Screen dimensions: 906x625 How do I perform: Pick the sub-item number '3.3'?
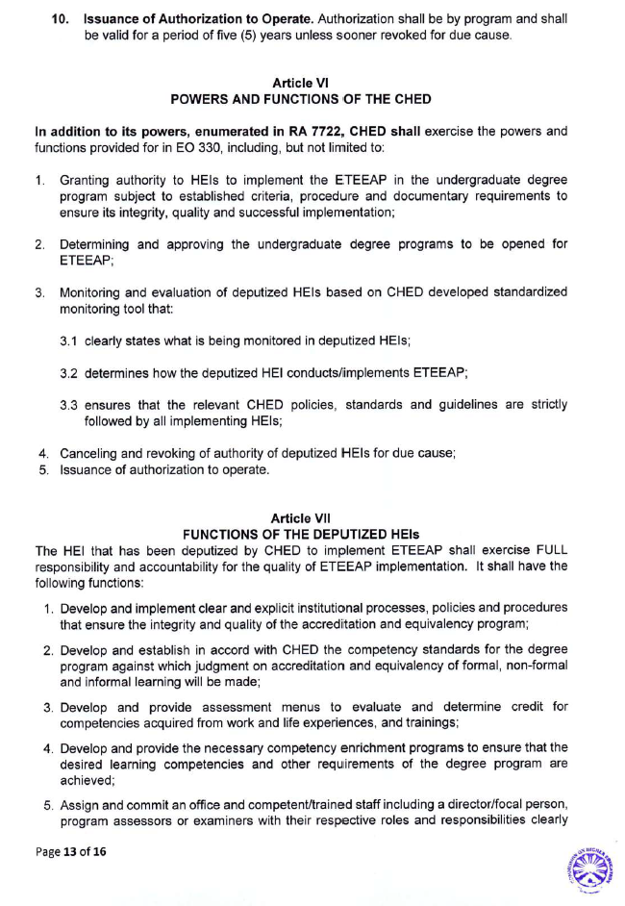click(69, 407)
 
